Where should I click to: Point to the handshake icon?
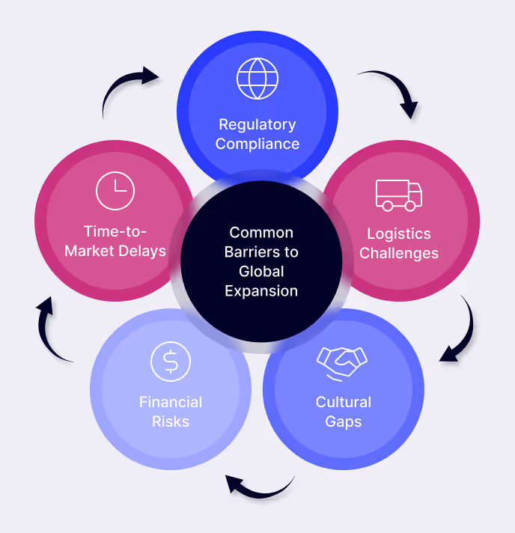(x=344, y=362)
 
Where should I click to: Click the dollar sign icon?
(x=171, y=362)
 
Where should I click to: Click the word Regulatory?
(x=257, y=124)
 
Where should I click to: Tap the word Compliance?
(x=257, y=144)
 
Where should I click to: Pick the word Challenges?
(x=398, y=253)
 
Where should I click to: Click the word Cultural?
(x=344, y=402)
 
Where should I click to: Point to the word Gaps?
(x=344, y=421)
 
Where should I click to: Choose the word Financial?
(x=171, y=402)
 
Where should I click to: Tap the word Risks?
(x=171, y=421)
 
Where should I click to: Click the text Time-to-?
(x=115, y=231)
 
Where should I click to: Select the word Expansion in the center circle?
(x=261, y=290)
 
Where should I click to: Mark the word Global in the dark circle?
(x=261, y=271)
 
